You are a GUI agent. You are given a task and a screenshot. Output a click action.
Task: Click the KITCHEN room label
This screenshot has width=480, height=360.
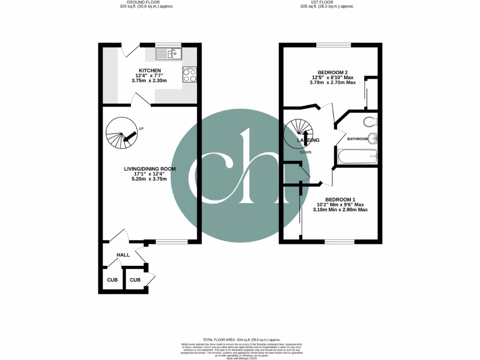tap(149, 71)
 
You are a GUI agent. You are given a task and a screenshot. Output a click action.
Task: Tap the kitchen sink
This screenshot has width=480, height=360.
tap(169, 54)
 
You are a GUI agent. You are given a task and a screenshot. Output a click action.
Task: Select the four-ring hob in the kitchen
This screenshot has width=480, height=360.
tap(189, 75)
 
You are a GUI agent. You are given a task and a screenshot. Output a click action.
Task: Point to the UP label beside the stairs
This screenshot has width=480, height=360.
tap(141, 128)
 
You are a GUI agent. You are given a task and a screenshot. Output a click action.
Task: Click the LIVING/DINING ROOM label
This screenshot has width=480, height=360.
tap(150, 169)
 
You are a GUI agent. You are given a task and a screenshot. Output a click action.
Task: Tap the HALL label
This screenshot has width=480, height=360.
tap(123, 255)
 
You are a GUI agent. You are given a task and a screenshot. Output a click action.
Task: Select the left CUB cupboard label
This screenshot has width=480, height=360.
tap(112, 280)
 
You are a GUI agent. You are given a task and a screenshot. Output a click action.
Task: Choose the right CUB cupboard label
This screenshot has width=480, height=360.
tap(135, 280)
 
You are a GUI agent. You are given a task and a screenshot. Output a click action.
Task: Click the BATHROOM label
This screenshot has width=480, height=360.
tap(357, 139)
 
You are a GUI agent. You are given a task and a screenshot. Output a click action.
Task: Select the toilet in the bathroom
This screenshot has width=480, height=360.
tap(370, 122)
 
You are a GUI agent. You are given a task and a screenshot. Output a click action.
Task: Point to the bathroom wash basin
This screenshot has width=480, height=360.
tap(373, 139)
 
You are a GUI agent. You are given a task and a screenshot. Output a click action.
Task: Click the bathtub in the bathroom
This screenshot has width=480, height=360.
tap(357, 156)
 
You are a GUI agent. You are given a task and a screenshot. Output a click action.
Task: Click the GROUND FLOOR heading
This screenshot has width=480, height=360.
tap(140, 2)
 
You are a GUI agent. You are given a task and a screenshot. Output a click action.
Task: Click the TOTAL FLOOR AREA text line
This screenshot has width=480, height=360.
tap(241, 339)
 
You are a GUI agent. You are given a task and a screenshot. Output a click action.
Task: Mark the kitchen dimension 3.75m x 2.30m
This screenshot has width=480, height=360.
tap(149, 81)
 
